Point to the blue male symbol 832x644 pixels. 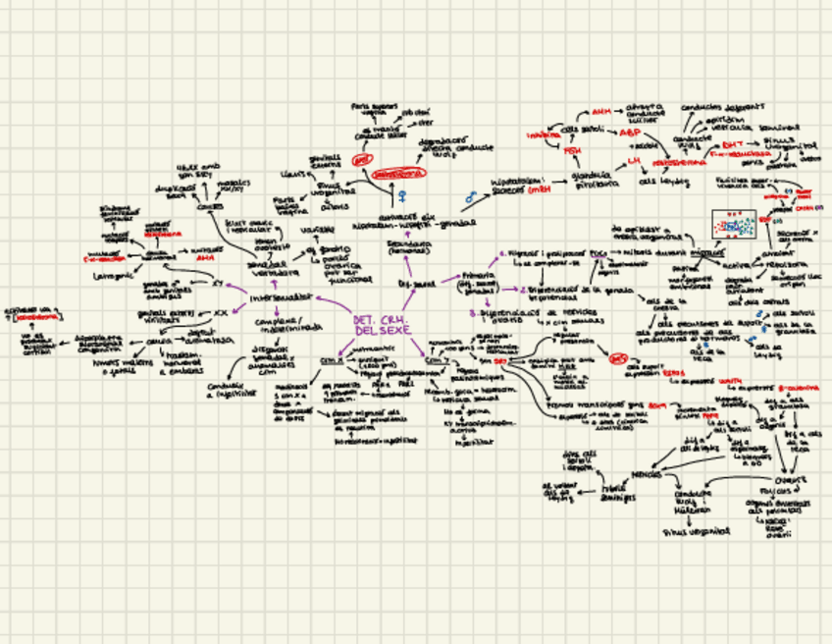(x=470, y=197)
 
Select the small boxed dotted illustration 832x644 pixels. (x=734, y=226)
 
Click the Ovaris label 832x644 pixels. (x=790, y=480)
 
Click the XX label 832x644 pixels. (x=221, y=313)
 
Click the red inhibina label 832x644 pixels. (x=541, y=134)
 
